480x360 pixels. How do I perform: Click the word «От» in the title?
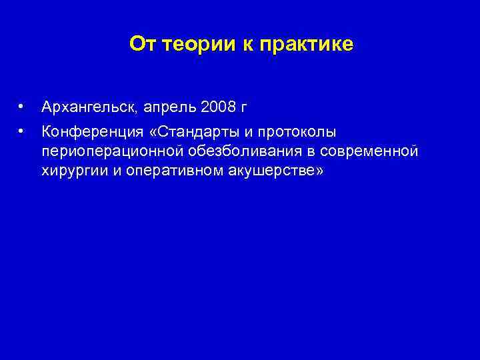click(x=141, y=44)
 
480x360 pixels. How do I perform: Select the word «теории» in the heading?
click(x=191, y=44)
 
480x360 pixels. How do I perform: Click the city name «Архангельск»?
click(x=89, y=107)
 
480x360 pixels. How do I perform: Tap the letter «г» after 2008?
click(x=244, y=107)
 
